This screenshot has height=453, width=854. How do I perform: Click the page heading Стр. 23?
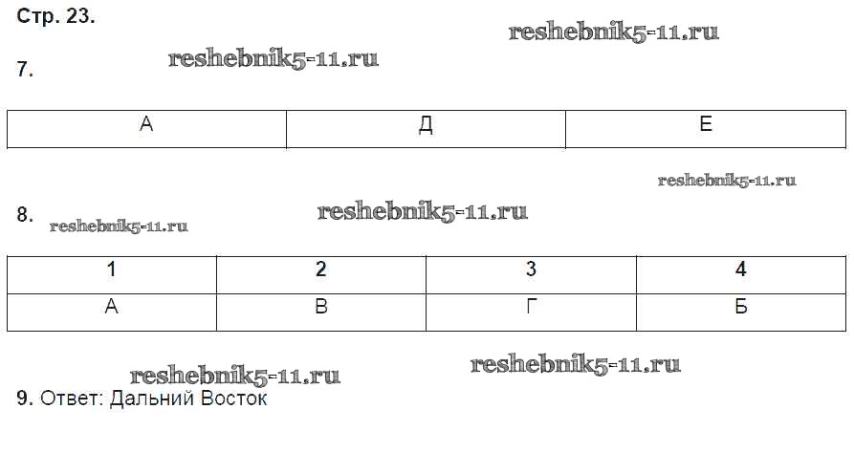[x=56, y=16]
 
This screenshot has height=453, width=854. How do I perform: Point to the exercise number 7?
[x=26, y=70]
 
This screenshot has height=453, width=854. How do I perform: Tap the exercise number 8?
[x=26, y=215]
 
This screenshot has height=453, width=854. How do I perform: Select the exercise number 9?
[x=26, y=399]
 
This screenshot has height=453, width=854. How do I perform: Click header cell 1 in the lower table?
[x=112, y=270]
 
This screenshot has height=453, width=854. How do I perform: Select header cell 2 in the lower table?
[x=321, y=270]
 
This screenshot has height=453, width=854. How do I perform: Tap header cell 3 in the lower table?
[x=531, y=270]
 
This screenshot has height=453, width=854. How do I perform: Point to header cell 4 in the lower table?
[x=740, y=270]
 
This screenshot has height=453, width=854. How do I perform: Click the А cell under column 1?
[x=112, y=308]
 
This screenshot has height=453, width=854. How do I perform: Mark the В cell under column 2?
[x=321, y=308]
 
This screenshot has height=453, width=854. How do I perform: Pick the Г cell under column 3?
[x=531, y=308]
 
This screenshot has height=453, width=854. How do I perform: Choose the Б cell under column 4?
[x=740, y=308]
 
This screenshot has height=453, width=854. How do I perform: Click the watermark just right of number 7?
[x=274, y=59]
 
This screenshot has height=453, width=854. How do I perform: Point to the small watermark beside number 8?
[x=119, y=227]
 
